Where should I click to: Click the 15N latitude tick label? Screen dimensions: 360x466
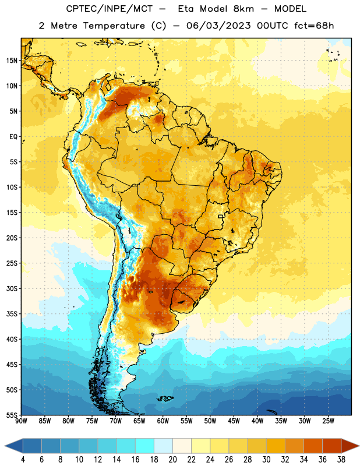12,61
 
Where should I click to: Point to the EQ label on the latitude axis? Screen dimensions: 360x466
13,137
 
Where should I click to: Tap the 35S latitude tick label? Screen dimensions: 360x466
12,314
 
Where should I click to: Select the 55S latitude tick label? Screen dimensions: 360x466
12,415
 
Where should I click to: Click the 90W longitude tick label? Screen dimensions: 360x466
21,421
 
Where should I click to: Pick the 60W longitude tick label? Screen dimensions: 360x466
163,421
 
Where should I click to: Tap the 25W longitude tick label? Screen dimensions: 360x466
328,421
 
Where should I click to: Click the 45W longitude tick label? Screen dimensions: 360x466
234,421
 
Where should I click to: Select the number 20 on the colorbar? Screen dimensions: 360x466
172,460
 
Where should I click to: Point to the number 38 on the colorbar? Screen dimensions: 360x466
341,460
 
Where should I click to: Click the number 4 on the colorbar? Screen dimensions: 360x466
23,460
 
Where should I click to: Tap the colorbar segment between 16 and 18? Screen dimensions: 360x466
145,446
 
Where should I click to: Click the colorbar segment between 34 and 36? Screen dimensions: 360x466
313,446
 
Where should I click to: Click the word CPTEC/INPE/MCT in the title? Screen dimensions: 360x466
109,9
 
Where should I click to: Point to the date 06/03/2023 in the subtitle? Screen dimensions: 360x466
218,26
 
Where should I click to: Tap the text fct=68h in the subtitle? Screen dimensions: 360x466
314,26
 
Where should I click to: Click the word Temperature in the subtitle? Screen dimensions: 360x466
114,26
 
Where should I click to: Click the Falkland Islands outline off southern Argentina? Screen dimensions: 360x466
165,398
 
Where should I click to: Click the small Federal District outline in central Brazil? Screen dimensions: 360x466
221,216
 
